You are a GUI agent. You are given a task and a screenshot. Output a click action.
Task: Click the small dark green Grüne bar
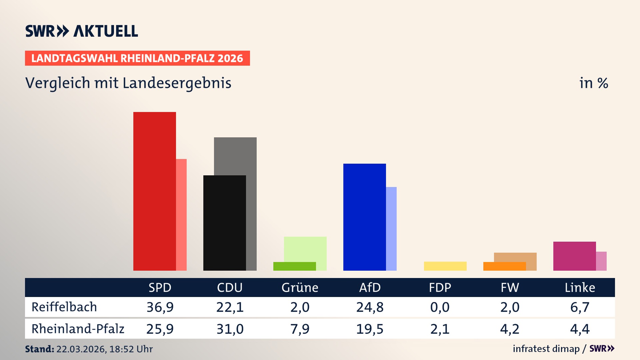click(294, 266)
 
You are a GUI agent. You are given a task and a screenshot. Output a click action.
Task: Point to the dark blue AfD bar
click(364, 217)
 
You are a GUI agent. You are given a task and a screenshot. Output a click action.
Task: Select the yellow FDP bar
click(445, 266)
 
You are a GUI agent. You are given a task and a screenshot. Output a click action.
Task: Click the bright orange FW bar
click(504, 266)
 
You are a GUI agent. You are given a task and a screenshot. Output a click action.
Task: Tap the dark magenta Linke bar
click(574, 256)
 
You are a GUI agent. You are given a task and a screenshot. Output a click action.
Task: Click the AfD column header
click(370, 287)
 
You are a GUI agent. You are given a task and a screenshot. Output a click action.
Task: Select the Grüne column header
click(300, 287)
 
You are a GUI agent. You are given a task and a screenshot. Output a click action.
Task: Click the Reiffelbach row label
click(64, 307)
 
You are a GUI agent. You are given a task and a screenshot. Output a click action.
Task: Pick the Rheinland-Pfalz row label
click(78, 329)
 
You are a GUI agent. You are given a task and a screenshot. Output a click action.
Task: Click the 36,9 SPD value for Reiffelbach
click(160, 307)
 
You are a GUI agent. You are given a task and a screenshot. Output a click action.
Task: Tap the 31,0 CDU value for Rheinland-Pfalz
click(230, 329)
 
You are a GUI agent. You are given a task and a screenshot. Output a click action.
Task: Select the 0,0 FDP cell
click(440, 307)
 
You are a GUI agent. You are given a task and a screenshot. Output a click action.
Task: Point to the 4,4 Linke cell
click(580, 329)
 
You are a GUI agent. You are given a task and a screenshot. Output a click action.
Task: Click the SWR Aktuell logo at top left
click(81, 31)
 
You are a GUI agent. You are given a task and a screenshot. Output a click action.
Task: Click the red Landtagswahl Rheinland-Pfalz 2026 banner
click(137, 58)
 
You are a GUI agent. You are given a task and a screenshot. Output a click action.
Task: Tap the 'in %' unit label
click(593, 83)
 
